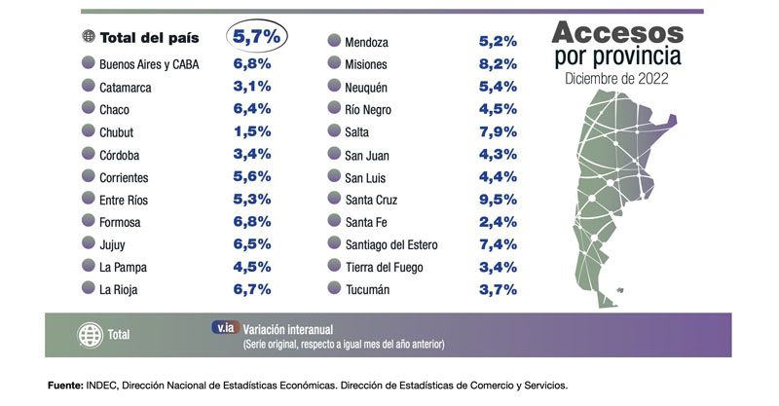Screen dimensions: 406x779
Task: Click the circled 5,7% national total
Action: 258,37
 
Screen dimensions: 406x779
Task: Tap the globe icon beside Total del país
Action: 90,38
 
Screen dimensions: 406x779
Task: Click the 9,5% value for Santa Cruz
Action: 497,200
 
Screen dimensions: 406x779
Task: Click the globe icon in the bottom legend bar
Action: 90,335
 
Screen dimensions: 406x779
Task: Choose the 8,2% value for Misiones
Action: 497,65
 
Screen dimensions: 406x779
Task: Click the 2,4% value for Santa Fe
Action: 497,222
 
